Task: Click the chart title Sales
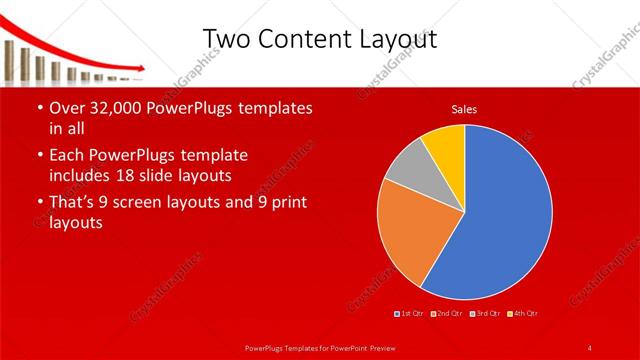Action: pyautogui.click(x=464, y=108)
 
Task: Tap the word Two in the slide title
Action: pyautogui.click(x=226, y=38)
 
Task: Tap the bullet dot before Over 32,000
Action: pyautogui.click(x=39, y=108)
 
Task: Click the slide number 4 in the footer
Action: pyautogui.click(x=590, y=347)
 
